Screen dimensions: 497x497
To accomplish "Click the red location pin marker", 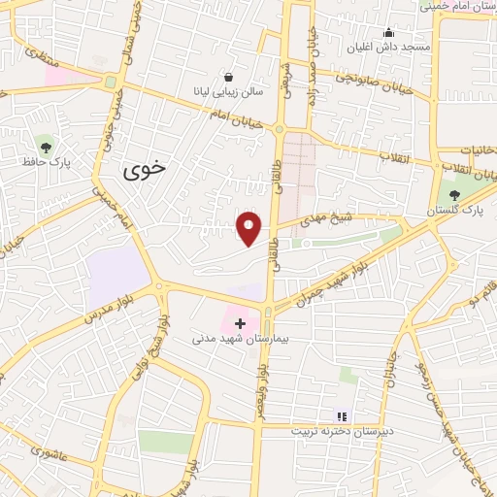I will pyautogui.click(x=249, y=227).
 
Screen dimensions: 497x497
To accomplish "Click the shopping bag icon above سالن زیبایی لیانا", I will pyautogui.click(x=228, y=77).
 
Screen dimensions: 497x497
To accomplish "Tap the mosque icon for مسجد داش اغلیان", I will pyautogui.click(x=388, y=31).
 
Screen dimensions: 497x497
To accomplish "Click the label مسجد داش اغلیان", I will pyautogui.click(x=388, y=47).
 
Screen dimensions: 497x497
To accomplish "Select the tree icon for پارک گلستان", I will pyautogui.click(x=454, y=194).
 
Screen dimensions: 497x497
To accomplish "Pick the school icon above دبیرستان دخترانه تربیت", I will pyautogui.click(x=341, y=415).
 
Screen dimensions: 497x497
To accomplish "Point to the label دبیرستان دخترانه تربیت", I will pyautogui.click(x=339, y=430).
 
